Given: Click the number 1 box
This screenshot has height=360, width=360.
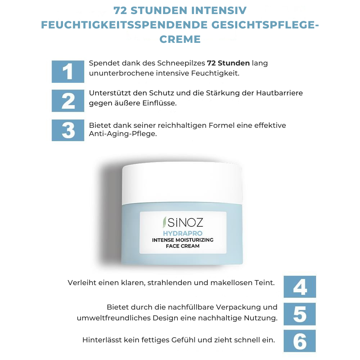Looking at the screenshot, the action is point(68,71).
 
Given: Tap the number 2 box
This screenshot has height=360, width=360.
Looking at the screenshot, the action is point(68,101).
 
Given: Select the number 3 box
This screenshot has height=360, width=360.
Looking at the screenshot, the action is point(68,130).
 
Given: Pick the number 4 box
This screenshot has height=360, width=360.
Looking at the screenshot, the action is point(300,287).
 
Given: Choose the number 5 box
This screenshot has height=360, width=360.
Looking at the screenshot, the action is point(300,314).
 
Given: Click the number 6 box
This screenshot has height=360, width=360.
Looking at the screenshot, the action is point(300,341).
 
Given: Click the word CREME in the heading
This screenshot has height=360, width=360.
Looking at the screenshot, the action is point(180,39).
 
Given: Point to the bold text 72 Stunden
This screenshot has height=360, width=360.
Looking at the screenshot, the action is point(228,63).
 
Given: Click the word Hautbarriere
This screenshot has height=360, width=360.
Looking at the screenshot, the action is point(279,93).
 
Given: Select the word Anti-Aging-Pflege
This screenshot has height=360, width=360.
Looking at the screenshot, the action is point(123,134).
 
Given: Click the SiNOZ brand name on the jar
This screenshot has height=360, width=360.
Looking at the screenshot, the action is point(185,222).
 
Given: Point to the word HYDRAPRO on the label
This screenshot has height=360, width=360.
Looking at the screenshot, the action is point(183,234).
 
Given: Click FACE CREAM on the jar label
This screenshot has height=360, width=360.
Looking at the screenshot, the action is point(183,246).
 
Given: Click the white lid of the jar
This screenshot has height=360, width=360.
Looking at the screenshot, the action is point(182,184).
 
